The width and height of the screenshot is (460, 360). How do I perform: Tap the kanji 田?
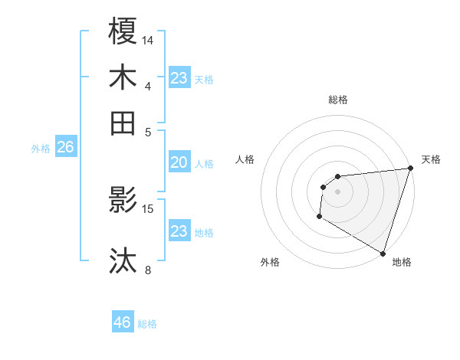pos(123,123)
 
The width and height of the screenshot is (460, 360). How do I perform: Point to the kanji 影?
pos(123,200)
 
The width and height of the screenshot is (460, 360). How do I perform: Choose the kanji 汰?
pos(123,261)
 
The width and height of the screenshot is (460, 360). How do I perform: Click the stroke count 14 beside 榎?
pos(148,39)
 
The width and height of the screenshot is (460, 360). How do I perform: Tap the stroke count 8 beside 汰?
pos(148,270)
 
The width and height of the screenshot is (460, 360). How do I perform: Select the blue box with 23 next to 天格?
pos(179,78)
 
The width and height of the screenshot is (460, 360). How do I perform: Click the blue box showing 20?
pos(179,162)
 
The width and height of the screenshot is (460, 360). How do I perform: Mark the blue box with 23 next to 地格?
pos(179,231)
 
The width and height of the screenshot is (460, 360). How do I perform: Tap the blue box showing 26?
pos(65,148)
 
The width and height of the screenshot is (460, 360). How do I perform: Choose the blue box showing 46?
pos(123,322)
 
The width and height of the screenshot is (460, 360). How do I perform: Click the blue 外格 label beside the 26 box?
pos(41,149)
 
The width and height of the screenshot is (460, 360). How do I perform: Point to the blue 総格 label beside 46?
pos(147,324)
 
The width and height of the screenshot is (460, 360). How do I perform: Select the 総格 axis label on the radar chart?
pos(337,100)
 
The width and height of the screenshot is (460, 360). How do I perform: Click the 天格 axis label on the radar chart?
pos(431,159)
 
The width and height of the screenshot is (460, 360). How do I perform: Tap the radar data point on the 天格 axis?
pos(409,169)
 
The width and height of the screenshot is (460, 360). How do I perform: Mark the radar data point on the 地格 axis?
pos(383,253)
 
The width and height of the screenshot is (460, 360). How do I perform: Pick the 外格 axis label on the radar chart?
pos(270,263)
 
